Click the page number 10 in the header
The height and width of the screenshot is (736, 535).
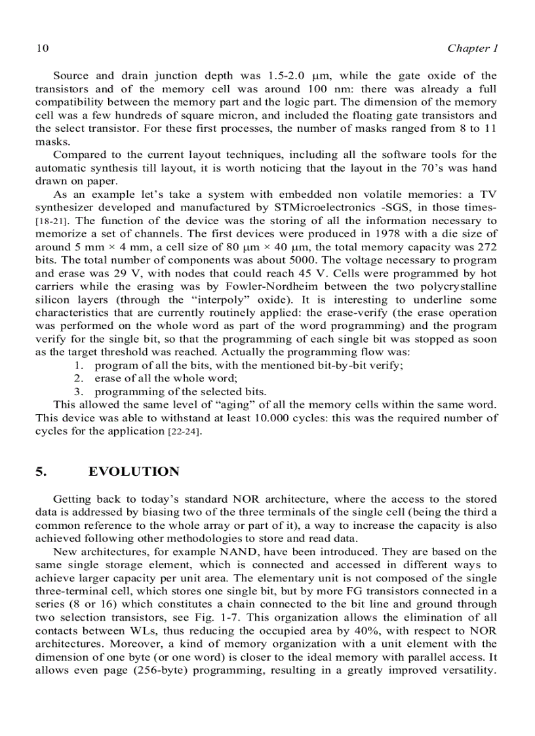(x=41, y=48)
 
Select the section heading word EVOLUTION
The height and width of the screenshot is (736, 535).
(x=134, y=472)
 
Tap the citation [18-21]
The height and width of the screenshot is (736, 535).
(x=49, y=221)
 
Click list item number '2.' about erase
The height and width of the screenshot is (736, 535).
(x=79, y=378)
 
